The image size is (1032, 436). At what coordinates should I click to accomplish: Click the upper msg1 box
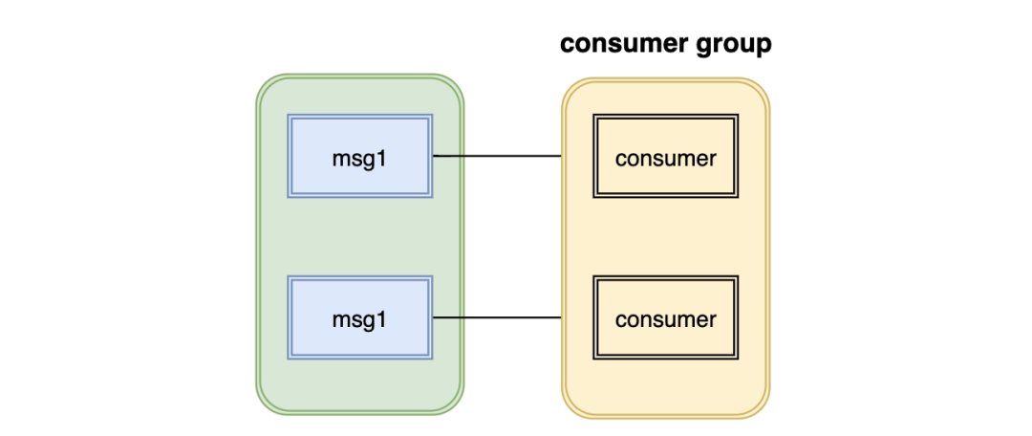pos(359,156)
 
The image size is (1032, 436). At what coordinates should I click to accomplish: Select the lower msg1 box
pos(359,317)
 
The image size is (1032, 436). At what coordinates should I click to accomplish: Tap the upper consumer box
pos(665,156)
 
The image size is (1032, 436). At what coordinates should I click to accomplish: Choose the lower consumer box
pos(665,317)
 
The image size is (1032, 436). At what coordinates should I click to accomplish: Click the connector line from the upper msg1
pos(497,156)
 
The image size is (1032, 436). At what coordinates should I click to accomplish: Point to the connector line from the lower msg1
pos(497,317)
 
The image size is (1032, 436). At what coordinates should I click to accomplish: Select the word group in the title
pos(739,45)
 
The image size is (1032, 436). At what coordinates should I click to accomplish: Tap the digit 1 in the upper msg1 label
pos(382,158)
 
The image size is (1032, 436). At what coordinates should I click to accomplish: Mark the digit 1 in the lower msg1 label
pos(382,318)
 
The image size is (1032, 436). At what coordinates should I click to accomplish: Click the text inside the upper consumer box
pos(665,158)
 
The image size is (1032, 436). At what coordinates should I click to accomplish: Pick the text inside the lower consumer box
pos(665,318)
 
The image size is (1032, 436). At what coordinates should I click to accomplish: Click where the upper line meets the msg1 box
pos(434,156)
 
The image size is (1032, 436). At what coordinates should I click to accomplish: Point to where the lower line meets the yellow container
pos(562,317)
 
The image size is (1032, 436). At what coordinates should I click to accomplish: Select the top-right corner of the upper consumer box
pos(738,116)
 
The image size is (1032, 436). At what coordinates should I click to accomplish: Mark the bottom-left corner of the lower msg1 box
pos(290,359)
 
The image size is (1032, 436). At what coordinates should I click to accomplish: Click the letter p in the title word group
pos(762,46)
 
